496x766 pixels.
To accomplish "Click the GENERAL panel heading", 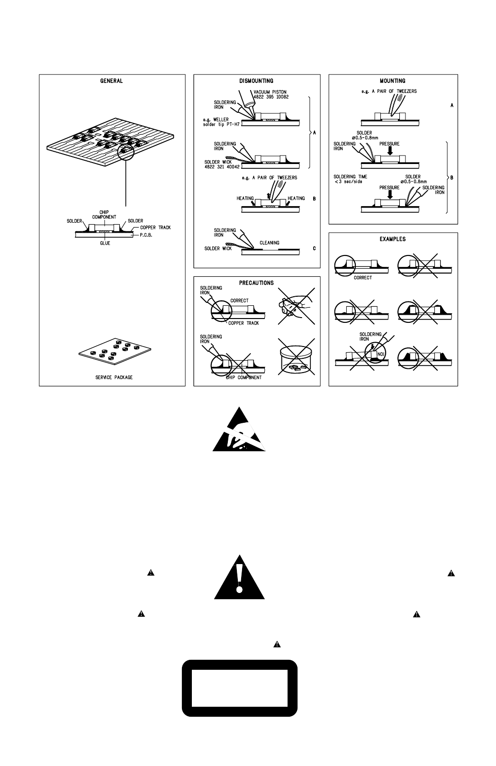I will click(x=111, y=81).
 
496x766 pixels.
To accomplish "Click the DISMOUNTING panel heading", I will click(x=256, y=81).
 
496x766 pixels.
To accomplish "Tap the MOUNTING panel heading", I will click(x=392, y=81).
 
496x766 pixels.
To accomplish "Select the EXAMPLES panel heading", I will click(x=393, y=239).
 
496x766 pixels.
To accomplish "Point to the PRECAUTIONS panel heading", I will click(x=256, y=283).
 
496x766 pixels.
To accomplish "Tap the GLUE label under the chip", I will click(x=105, y=243).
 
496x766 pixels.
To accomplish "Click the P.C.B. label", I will click(x=145, y=234).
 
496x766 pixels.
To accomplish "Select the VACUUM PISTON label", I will click(x=271, y=92).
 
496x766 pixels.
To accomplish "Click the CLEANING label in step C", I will click(x=269, y=243).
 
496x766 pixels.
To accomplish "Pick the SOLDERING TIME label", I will click(x=351, y=177).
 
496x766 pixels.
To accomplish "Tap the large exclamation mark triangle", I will click(x=239, y=578).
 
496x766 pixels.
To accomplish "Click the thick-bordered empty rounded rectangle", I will click(x=240, y=688).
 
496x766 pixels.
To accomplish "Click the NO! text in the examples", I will click(x=380, y=353).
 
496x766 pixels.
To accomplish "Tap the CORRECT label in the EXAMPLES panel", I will click(x=363, y=278).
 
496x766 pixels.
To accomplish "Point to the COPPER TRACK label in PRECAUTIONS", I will click(x=243, y=323).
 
